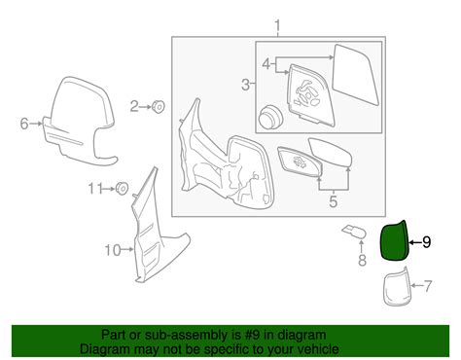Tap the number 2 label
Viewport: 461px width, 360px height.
[x=136, y=104]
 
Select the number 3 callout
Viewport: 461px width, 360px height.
[x=245, y=85]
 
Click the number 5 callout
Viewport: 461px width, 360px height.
[x=331, y=201]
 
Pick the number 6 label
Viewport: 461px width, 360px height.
[x=24, y=123]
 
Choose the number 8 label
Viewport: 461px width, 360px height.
[x=360, y=261]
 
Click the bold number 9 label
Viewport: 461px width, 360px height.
[x=425, y=241]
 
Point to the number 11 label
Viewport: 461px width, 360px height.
[x=94, y=188]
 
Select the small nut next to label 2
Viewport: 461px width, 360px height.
[x=159, y=105]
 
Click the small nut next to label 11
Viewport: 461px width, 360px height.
[x=122, y=189]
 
